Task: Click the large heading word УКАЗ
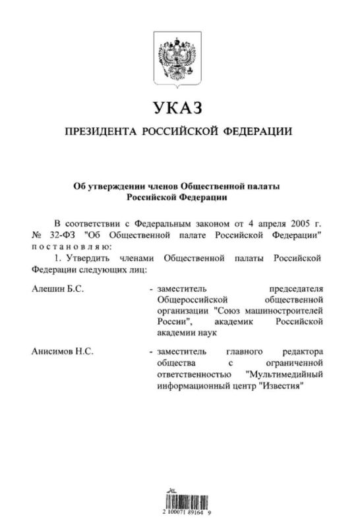click(x=176, y=107)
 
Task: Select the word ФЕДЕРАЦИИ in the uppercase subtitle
click(x=256, y=132)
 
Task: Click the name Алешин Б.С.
click(x=55, y=289)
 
